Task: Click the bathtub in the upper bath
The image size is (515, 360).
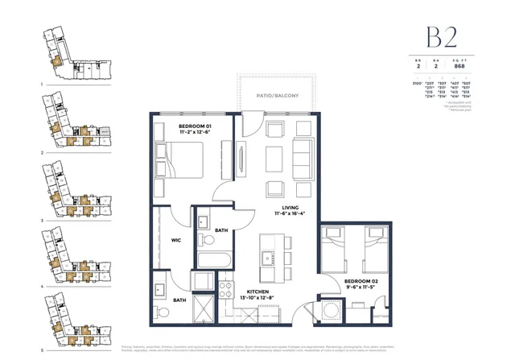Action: pos(214,260)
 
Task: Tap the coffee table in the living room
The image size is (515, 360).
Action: pos(273,159)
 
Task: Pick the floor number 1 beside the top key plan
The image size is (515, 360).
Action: pos(41,83)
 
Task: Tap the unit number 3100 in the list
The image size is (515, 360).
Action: pos(418,83)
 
